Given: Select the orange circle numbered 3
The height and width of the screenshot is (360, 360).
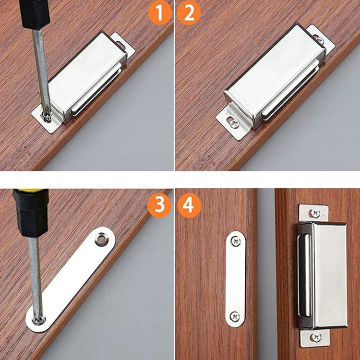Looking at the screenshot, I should pos(160,205).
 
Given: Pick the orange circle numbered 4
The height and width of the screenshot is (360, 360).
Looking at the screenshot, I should pos(189,205).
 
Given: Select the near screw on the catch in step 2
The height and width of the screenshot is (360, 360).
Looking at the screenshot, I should pos(235,123).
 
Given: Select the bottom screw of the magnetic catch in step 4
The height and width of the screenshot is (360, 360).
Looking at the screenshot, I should pos(316,337).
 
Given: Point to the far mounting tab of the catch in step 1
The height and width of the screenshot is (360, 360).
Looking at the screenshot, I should pos(122,45).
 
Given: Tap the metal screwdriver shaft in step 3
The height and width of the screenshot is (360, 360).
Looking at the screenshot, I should pos(35,274).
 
